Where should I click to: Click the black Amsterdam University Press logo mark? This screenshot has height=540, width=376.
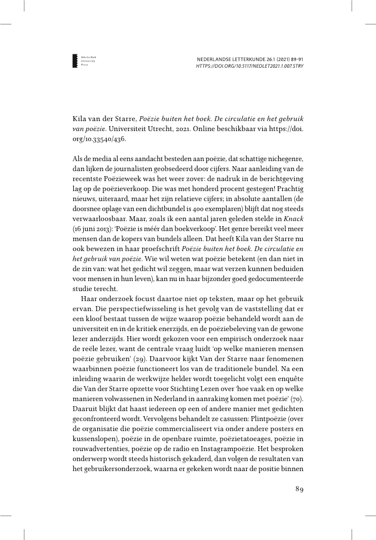[x=76, y=62]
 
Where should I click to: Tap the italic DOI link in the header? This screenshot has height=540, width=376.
[x=249, y=66]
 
